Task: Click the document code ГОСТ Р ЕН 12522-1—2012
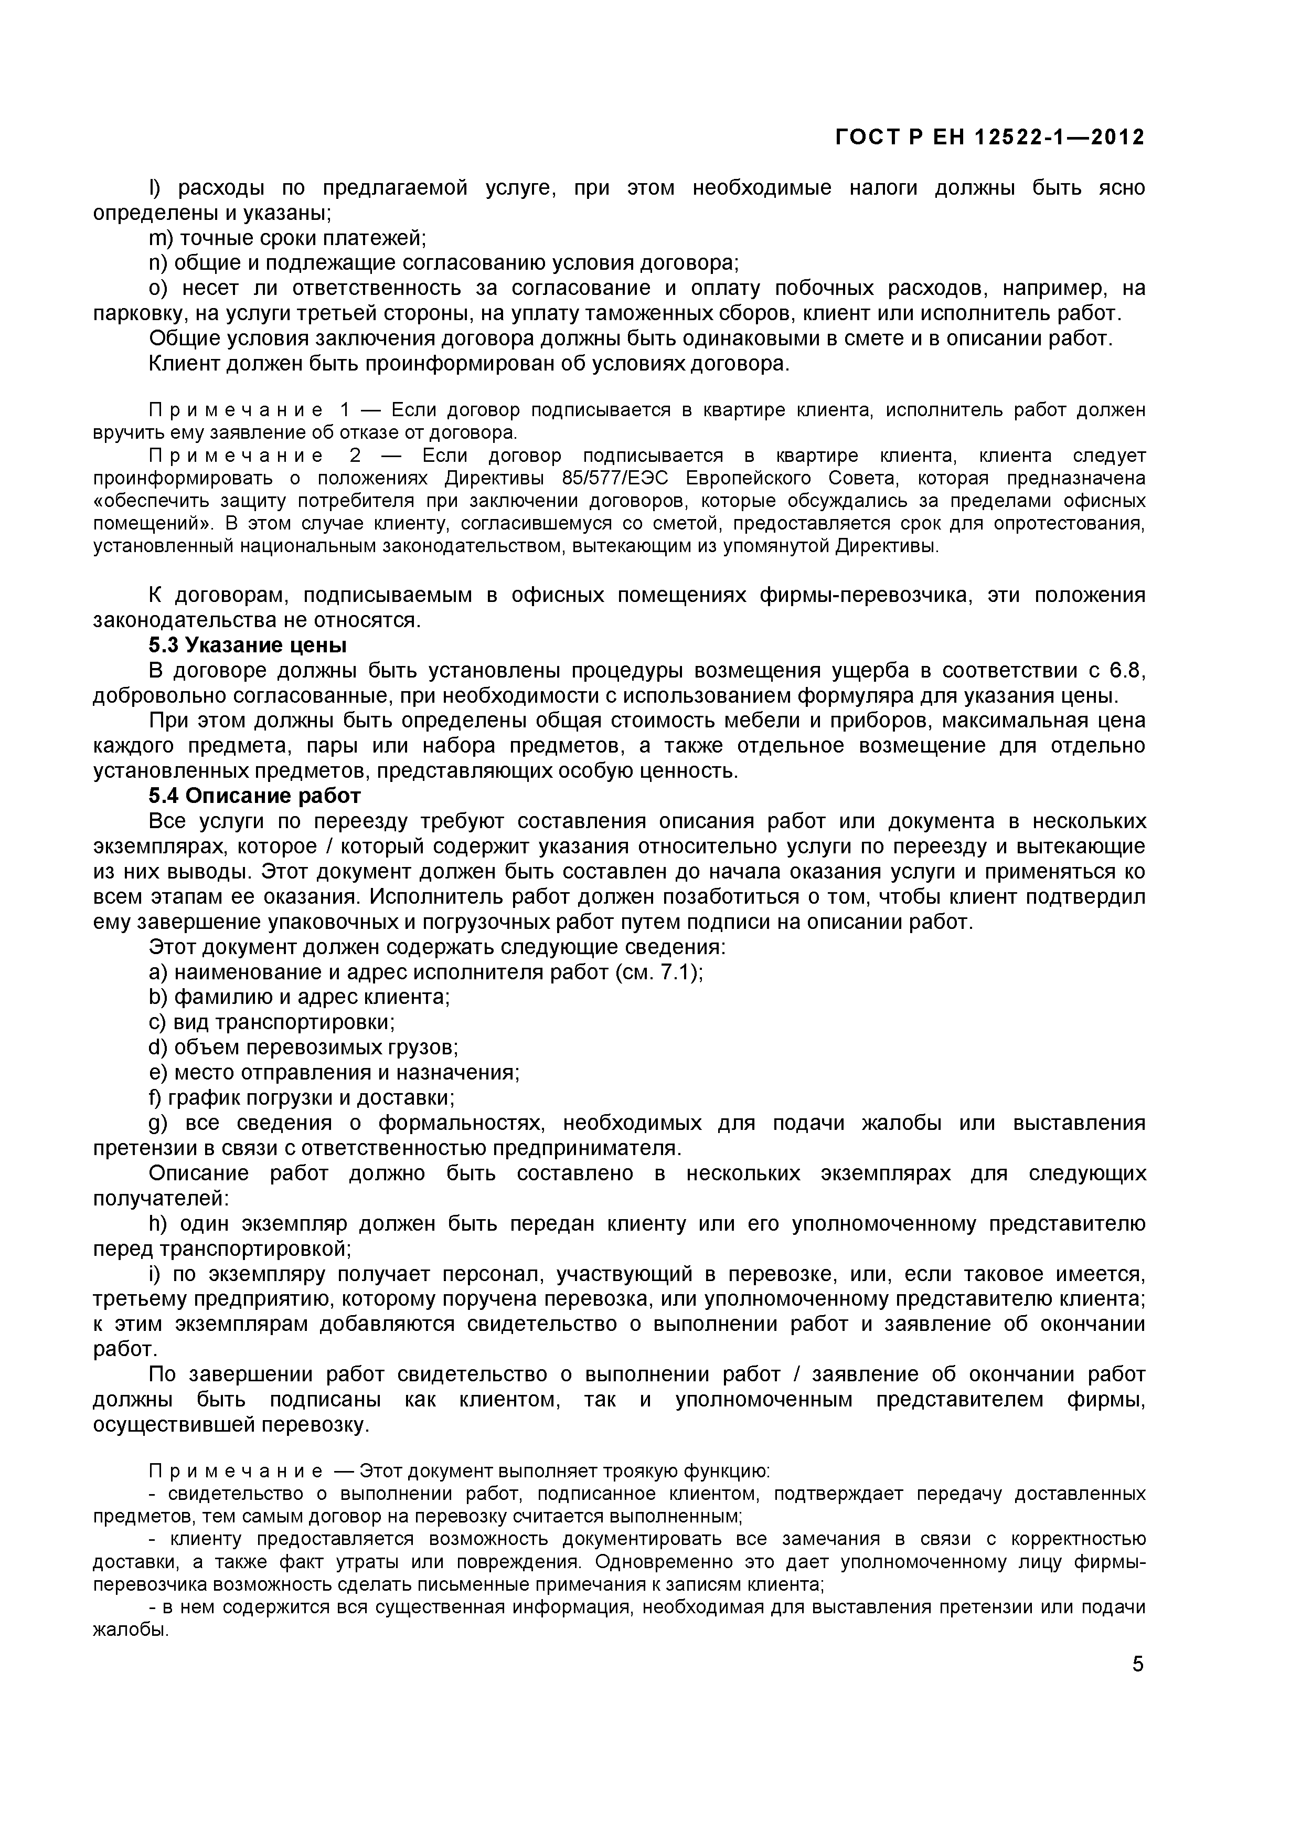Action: click(x=990, y=138)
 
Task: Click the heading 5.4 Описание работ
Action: click(x=255, y=796)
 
